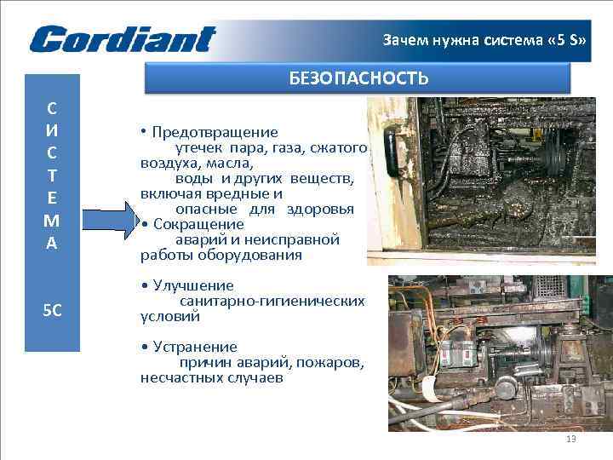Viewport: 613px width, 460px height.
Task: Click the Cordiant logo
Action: point(123,39)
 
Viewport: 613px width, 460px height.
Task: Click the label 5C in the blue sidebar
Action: point(52,309)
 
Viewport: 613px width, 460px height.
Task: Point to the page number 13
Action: point(570,439)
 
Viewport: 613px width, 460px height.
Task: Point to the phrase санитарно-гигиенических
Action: point(272,302)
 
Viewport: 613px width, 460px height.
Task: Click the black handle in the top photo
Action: point(393,149)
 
